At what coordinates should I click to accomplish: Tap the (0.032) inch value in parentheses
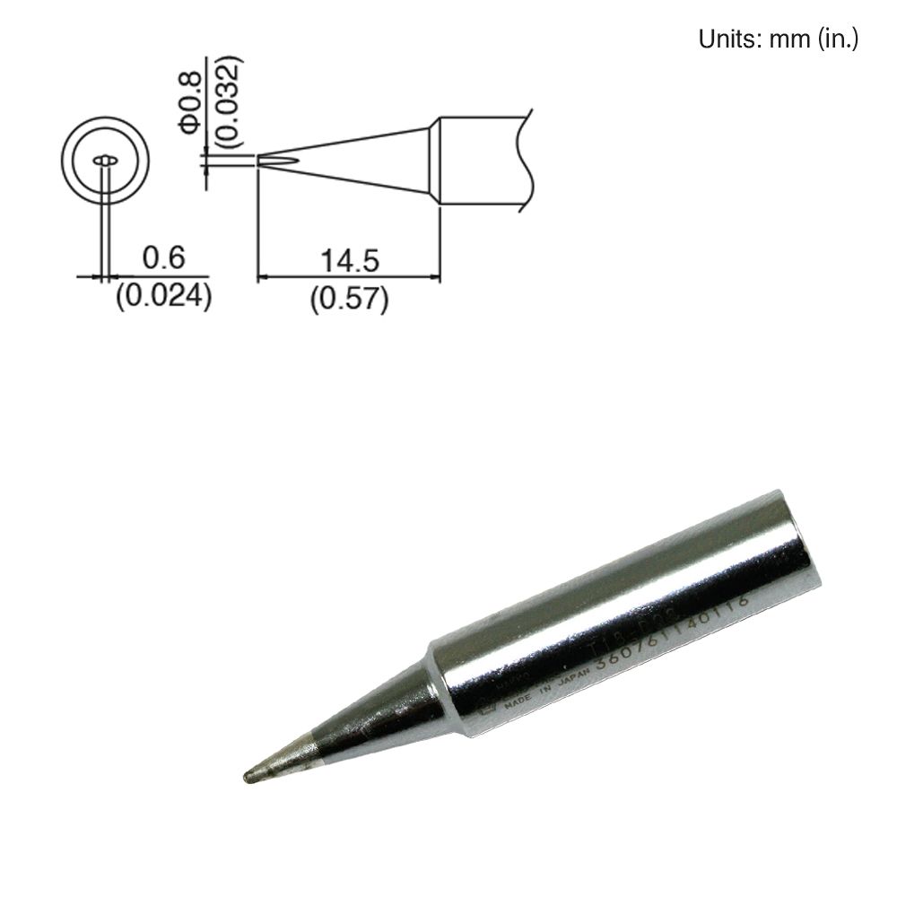coord(229,101)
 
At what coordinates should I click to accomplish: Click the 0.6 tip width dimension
coord(163,258)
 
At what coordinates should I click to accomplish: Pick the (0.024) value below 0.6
coord(163,296)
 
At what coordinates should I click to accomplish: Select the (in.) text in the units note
coord(838,39)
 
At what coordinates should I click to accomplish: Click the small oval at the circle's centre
coord(106,161)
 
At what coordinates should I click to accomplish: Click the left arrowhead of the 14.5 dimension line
coord(263,277)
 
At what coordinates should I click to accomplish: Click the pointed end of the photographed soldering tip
coord(248,775)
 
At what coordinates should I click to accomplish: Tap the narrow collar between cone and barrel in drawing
coord(435,161)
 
